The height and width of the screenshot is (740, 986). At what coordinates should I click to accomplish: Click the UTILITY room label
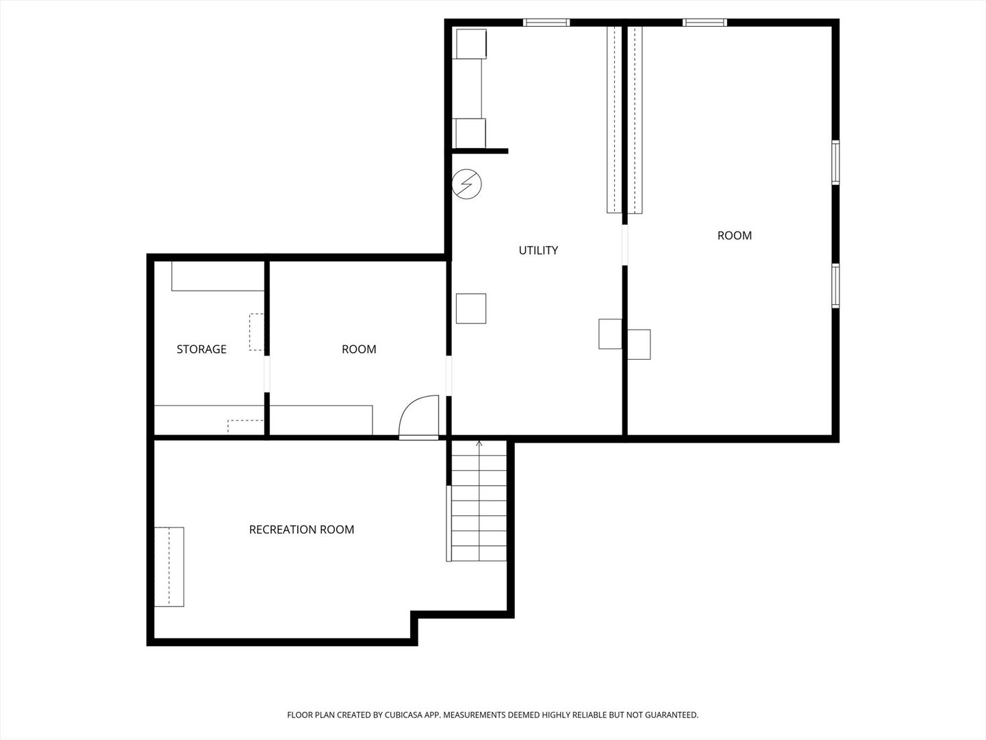pos(538,250)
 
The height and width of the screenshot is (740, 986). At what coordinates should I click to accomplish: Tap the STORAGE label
pos(201,349)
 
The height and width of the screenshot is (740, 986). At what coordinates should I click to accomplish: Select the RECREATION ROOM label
pos(301,529)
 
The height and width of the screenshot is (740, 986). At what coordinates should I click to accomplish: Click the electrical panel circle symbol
pos(468,184)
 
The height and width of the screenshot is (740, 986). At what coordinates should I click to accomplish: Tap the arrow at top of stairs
pos(479,444)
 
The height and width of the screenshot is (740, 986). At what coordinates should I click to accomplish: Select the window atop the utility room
pos(546,23)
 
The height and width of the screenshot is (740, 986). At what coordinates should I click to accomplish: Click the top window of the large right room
pos(705,23)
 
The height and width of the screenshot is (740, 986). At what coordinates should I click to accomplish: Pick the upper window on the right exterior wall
pos(835,162)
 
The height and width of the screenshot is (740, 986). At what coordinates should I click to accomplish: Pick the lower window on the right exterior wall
pos(835,286)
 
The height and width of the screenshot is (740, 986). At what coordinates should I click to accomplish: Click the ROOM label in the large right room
pos(734,235)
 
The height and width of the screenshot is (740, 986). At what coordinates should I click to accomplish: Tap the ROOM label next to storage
pos(359,349)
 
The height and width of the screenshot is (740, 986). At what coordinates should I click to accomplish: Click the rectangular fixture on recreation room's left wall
pos(169,567)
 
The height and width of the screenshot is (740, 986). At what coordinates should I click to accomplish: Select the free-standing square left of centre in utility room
pos(471,308)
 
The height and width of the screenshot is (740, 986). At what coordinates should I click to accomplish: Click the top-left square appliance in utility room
pos(471,44)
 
